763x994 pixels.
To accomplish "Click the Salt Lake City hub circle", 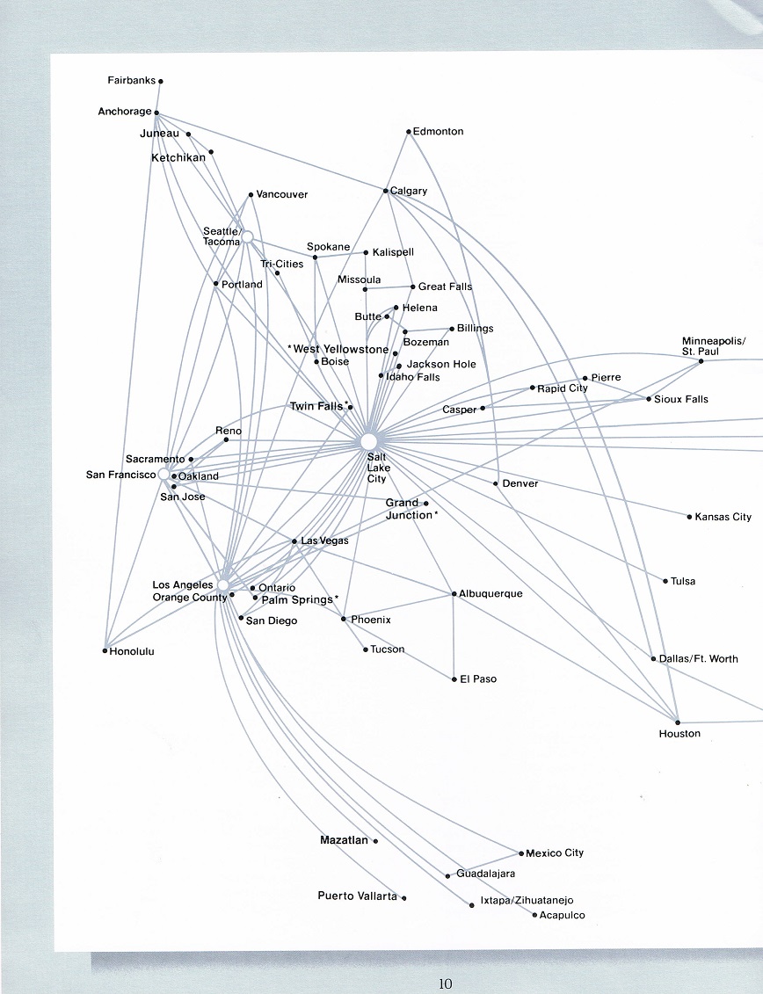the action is [369, 441].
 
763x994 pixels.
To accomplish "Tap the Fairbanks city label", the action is [131, 81].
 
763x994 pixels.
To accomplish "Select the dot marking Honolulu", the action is [105, 650].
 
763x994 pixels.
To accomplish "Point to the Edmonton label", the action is [439, 131].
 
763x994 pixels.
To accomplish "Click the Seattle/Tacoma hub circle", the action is [247, 236].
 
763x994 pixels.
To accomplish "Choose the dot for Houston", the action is [678, 722].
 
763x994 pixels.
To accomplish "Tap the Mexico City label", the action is [555, 853].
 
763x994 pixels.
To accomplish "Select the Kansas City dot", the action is [689, 517].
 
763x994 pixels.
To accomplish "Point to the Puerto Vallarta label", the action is [357, 896].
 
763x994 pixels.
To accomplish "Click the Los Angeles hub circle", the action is [223, 584].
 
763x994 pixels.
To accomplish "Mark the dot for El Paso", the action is [454, 679].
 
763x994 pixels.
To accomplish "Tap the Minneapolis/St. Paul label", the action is [714, 346].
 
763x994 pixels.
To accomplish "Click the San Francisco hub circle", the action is [163, 475].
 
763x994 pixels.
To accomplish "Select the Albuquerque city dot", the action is [454, 594].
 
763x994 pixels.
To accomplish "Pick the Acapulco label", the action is [563, 915].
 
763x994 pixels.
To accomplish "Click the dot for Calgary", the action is [386, 190].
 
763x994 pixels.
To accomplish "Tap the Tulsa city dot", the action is [665, 581].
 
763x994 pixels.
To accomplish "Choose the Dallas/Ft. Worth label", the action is [698, 658].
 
